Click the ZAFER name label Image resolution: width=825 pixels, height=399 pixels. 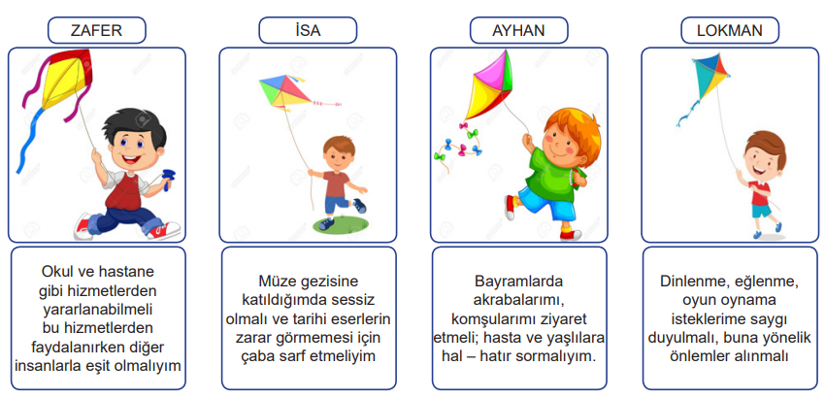coord(97,30)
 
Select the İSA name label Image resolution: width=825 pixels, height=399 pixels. coord(308,30)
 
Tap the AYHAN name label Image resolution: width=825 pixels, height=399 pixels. coord(519,30)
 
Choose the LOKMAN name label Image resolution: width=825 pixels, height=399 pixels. coord(730,30)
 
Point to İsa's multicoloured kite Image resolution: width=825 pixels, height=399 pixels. coord(285,90)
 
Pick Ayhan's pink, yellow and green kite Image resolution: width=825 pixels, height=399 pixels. coord(489,84)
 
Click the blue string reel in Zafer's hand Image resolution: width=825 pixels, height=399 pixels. coord(168,180)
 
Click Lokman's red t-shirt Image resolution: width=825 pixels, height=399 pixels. coord(760,192)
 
